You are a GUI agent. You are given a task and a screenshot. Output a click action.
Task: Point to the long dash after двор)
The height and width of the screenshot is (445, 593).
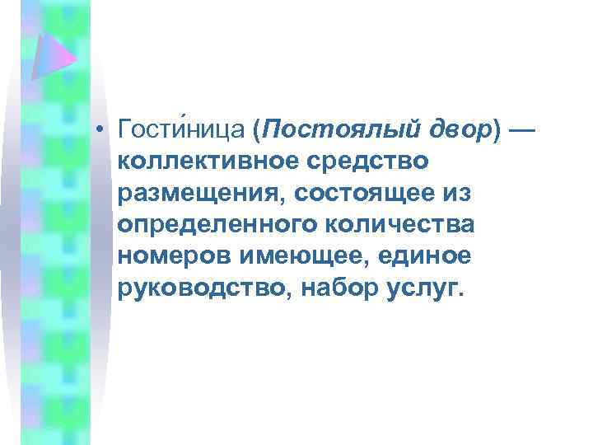point(522,130)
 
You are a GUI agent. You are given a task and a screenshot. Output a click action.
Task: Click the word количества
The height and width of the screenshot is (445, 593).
point(413,224)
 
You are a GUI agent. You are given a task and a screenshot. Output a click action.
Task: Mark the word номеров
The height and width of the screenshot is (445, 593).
point(172,255)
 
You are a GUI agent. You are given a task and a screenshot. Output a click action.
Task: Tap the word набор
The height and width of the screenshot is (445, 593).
point(339,288)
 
